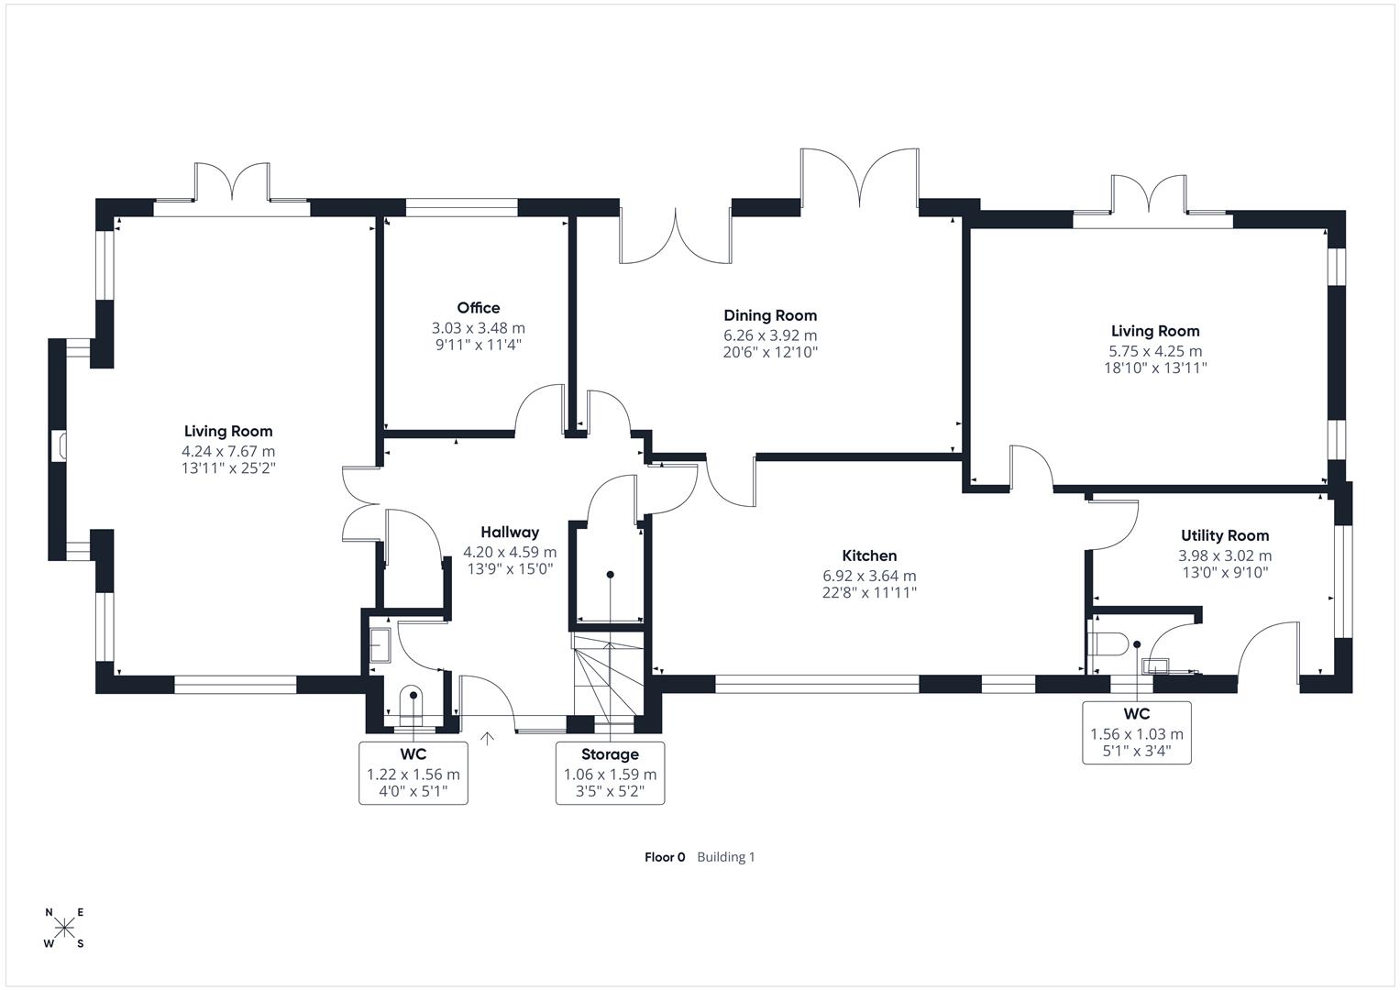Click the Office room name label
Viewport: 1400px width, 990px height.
pyautogui.click(x=478, y=308)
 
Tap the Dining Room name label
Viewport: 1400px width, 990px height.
pyautogui.click(x=770, y=315)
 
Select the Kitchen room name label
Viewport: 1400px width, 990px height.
pyautogui.click(x=869, y=555)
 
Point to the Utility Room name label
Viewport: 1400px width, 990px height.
pyautogui.click(x=1224, y=535)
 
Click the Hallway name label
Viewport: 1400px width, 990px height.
pyautogui.click(x=510, y=532)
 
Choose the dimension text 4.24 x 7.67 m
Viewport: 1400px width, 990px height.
pyautogui.click(x=228, y=451)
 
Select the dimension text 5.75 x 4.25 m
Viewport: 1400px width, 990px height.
pyautogui.click(x=1155, y=350)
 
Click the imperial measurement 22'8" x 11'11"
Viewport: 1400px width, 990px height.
pyautogui.click(x=869, y=593)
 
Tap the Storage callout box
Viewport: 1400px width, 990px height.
pyautogui.click(x=610, y=773)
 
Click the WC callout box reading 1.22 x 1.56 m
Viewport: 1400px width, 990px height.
pyautogui.click(x=413, y=773)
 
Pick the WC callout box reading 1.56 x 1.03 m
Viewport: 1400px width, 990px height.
pyautogui.click(x=1136, y=732)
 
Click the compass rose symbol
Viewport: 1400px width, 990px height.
pyautogui.click(x=64, y=928)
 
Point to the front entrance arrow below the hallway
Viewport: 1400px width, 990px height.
pyautogui.click(x=487, y=735)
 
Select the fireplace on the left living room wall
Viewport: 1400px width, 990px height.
pyautogui.click(x=61, y=446)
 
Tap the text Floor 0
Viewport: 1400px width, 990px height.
pyautogui.click(x=665, y=857)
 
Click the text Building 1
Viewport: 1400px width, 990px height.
pyautogui.click(x=725, y=857)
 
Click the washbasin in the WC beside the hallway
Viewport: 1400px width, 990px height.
pyautogui.click(x=380, y=644)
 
